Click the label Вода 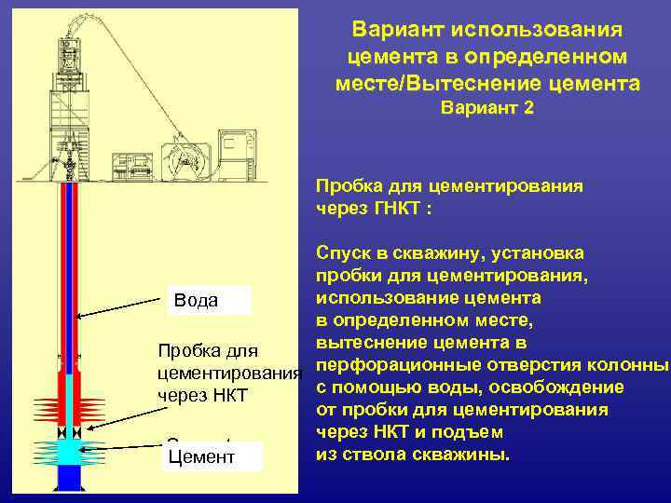click(196, 300)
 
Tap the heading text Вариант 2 click(487, 109)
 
